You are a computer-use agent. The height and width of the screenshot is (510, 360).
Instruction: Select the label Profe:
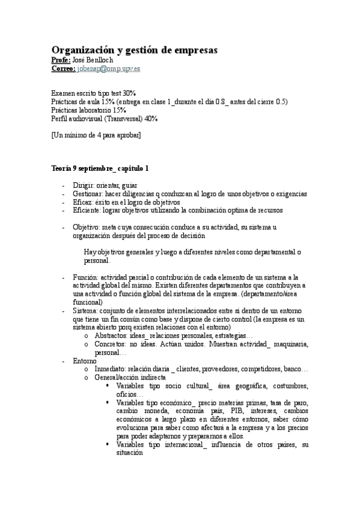point(61,61)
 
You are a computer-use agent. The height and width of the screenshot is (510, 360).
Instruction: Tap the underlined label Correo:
point(63,70)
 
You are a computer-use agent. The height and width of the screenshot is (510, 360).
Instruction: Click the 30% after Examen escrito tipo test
point(129,94)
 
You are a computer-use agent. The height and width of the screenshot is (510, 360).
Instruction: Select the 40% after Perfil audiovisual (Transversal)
point(151,119)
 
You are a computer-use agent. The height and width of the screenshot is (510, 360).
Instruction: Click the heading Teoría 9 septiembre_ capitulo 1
point(100,168)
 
